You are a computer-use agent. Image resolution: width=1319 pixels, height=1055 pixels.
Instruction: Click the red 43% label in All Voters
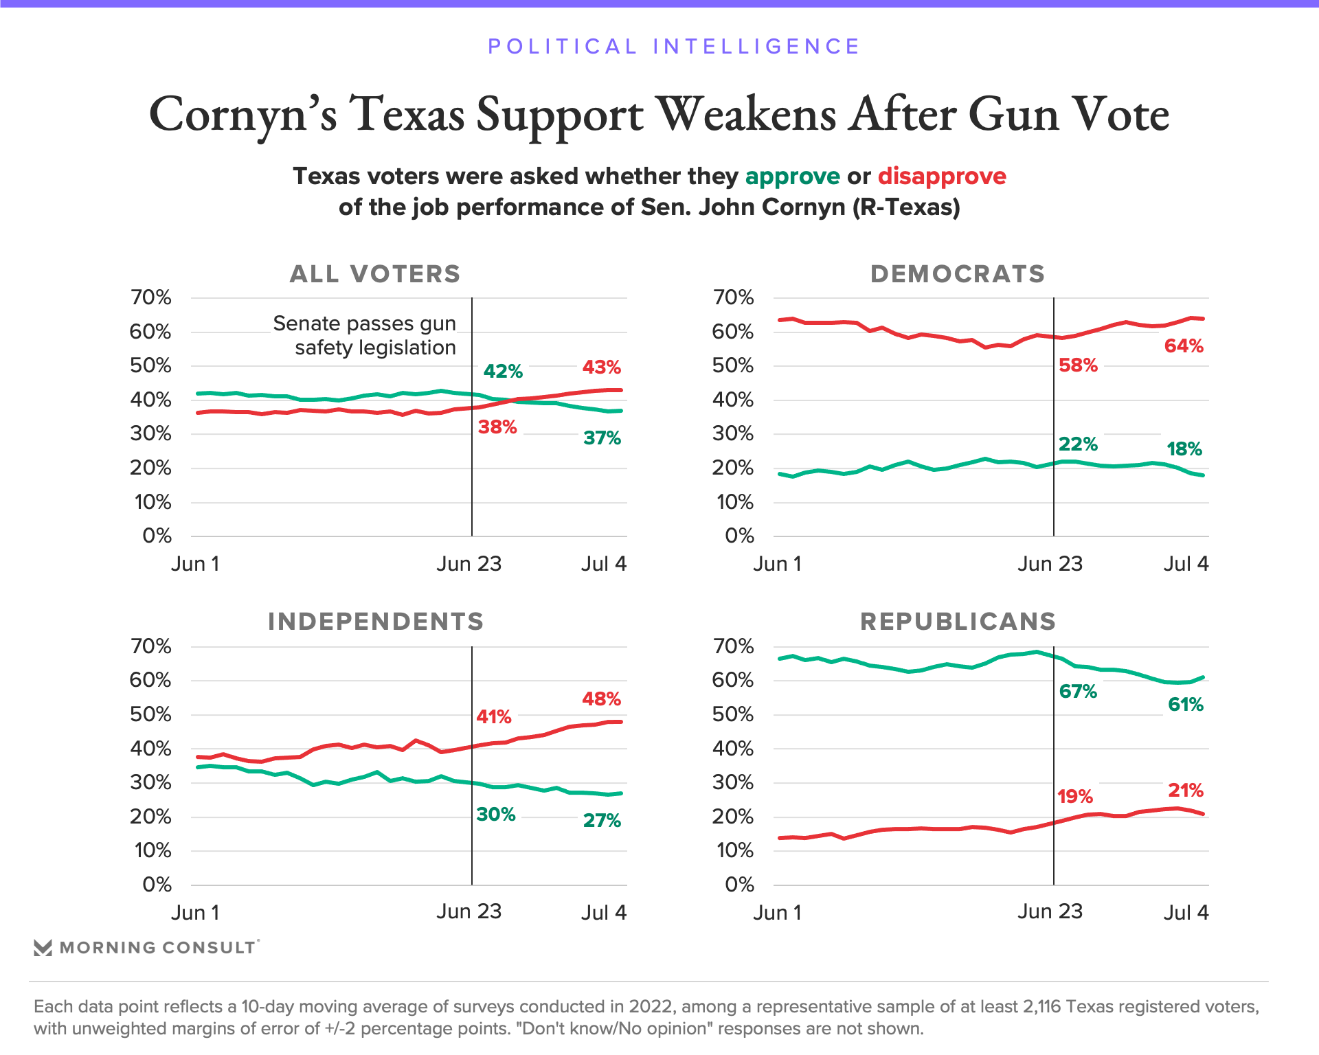coord(602,367)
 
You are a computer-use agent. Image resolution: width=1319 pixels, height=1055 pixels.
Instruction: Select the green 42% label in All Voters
coord(503,372)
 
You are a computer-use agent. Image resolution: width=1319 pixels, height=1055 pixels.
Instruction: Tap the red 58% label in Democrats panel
coord(1078,365)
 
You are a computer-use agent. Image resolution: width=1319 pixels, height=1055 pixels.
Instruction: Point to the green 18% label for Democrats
coord(1184,449)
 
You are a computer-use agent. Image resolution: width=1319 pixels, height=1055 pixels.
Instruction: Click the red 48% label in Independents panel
coord(602,699)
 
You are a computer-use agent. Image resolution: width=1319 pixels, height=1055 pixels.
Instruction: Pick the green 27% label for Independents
coord(602,821)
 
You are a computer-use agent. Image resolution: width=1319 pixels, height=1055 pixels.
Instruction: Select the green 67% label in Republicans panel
coord(1078,692)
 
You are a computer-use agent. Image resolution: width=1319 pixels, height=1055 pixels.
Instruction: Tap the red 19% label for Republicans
coord(1075,797)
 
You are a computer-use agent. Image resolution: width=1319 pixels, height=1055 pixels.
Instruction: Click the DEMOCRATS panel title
coord(958,274)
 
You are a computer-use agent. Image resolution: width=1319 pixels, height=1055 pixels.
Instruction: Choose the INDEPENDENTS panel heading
coord(376,622)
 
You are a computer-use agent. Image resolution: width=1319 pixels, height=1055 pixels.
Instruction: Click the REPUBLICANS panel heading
coord(958,622)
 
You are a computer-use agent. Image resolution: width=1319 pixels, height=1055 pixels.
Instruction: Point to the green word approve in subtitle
coord(792,177)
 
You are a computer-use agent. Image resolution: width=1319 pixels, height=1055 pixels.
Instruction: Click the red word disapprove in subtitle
coord(942,177)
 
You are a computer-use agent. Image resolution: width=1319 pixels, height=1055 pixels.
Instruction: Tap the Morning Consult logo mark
coord(43,948)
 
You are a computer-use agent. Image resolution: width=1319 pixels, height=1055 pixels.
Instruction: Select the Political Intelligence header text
coord(673,47)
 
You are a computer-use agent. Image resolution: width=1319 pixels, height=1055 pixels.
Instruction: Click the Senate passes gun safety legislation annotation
coord(365,335)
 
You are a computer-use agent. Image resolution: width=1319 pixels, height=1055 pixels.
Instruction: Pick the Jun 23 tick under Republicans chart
coord(1050,911)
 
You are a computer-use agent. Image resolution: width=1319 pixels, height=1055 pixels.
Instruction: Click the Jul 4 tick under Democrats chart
coord(1186,564)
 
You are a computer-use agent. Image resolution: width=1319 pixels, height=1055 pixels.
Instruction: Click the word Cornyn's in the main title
coord(243,114)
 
